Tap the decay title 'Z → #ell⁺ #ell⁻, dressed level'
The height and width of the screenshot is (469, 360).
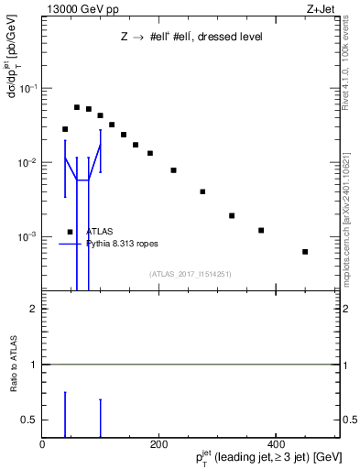pos(191,38)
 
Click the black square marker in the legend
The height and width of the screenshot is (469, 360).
pos(70,232)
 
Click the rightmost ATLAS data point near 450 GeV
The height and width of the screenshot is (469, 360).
pos(305,251)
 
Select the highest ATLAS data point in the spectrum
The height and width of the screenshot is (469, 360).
pos(77,107)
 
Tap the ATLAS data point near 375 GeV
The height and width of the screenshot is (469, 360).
pos(261,230)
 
